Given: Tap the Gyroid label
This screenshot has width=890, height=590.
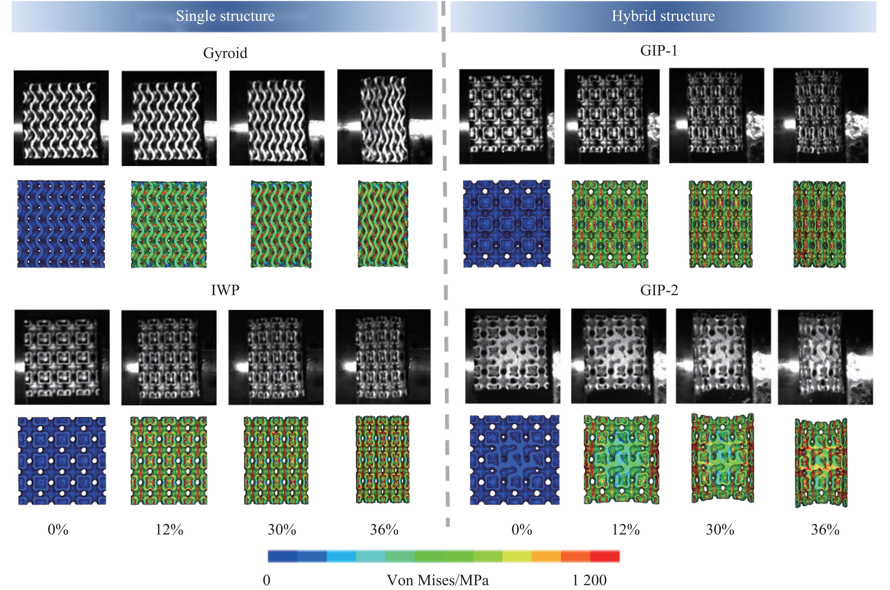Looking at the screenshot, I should click(x=225, y=53).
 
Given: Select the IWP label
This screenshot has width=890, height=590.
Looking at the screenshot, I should click(x=225, y=290).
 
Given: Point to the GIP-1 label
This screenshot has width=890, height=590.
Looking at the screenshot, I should click(x=658, y=50).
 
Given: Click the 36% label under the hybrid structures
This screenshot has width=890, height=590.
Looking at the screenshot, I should click(x=825, y=530).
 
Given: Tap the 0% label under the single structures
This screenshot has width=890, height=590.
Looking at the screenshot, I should click(x=58, y=530).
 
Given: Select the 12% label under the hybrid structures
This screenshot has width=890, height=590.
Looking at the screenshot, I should click(x=626, y=530).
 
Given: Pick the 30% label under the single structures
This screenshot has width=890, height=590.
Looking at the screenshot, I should click(x=281, y=530).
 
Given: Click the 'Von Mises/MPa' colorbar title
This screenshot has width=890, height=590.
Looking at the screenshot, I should click(x=438, y=580).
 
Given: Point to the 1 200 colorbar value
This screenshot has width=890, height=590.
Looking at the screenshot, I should click(x=589, y=580).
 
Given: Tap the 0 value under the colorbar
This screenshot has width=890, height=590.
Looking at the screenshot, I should click(x=266, y=580).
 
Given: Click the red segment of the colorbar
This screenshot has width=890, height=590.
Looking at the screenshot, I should click(x=604, y=556).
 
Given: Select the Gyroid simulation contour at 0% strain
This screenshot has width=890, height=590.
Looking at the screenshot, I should click(x=61, y=224).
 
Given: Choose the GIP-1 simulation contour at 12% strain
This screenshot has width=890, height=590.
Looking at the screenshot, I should click(x=610, y=224).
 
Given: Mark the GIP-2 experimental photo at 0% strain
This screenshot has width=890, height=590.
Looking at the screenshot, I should click(x=512, y=356).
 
